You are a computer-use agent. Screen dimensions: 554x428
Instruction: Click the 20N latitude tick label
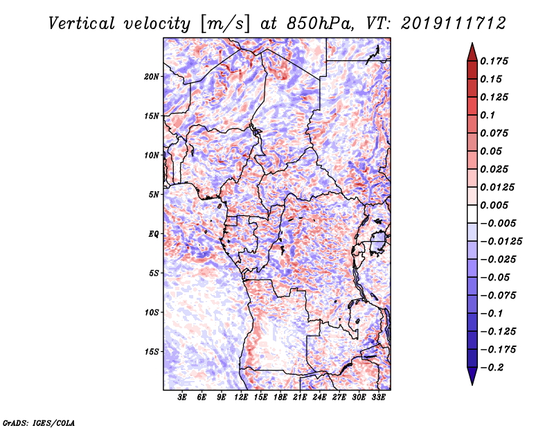tap(152, 76)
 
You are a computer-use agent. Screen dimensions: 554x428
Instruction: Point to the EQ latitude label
tap(153, 233)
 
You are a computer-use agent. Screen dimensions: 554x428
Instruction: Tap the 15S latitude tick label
tap(152, 352)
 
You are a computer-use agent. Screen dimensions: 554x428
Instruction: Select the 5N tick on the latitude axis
tap(154, 195)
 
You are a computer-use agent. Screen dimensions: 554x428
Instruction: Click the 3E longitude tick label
tap(182, 397)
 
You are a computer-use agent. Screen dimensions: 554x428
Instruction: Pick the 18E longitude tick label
tap(280, 397)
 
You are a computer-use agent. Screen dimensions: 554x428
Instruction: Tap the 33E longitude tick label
tap(378, 397)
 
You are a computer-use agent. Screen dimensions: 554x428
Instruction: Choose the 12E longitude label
tap(241, 397)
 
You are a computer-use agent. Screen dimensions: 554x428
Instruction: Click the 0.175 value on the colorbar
tap(494, 61)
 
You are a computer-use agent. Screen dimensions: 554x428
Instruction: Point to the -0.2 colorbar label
tap(492, 368)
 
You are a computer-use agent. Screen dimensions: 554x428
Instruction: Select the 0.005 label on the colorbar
tap(494, 205)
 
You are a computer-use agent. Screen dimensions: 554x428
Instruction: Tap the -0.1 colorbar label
tap(492, 314)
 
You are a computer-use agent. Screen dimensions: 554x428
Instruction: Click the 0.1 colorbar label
tap(488, 115)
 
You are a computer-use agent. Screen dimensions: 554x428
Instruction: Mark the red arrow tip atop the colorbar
tap(472, 43)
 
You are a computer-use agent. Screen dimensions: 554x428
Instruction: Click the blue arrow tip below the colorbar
tap(472, 384)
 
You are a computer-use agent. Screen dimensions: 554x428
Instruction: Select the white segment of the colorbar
tap(472, 214)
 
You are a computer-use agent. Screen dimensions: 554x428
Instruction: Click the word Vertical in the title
tap(82, 24)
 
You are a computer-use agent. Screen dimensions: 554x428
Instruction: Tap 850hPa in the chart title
tap(321, 24)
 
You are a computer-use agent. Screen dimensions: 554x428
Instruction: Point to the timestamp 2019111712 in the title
tap(454, 24)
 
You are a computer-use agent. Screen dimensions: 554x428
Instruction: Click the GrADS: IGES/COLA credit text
tap(39, 422)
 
